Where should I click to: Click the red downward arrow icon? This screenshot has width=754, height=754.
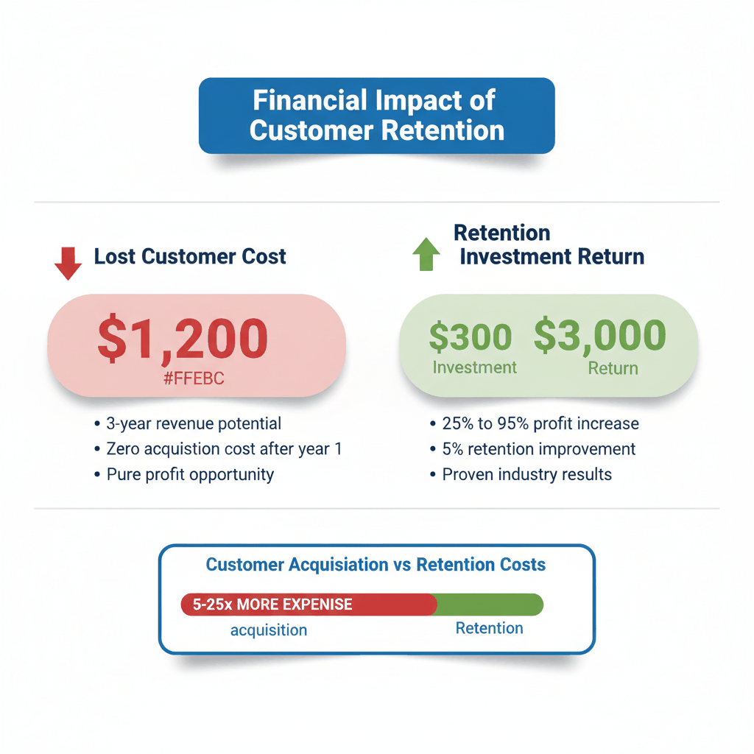point(68,263)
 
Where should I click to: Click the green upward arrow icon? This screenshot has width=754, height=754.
point(426,254)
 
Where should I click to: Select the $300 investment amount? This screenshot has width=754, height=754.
point(470,337)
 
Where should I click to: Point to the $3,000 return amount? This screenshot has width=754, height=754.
point(599,335)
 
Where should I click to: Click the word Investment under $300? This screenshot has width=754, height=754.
point(474,367)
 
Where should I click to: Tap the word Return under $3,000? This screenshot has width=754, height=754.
point(613,367)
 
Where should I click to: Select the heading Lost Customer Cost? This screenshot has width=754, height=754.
point(190,256)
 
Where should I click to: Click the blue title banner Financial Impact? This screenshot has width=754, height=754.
point(376,116)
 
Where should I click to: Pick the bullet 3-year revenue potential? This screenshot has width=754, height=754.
point(193,423)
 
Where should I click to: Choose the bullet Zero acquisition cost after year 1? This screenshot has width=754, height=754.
point(223,448)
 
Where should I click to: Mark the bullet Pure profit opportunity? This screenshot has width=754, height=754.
point(189,473)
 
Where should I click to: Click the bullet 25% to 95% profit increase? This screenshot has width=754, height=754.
point(539,423)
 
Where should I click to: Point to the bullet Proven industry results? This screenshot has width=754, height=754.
point(526,473)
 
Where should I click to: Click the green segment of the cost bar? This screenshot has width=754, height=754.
point(490,605)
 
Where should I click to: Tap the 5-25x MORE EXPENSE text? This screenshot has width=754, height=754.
point(272,605)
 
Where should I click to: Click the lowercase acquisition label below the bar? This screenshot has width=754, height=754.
point(269,630)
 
